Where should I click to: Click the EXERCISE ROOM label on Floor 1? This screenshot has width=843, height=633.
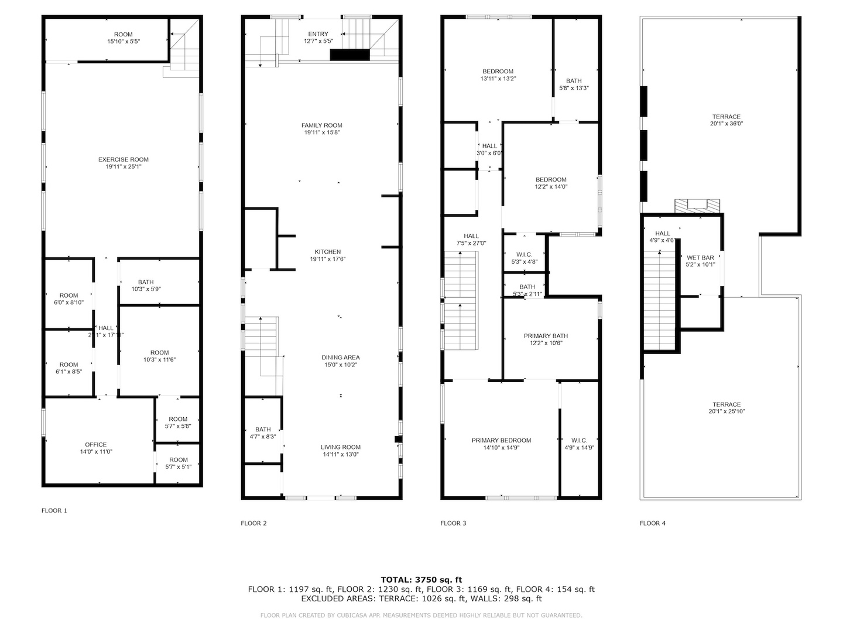coord(123,159)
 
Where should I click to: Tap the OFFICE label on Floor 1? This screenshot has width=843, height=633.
coord(95,445)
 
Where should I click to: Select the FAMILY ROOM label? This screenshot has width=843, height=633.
coord(321,125)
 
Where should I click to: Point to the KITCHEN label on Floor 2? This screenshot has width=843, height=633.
coord(327,252)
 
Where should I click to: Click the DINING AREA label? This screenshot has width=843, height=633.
coord(340,358)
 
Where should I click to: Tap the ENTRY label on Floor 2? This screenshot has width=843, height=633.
coord(318,34)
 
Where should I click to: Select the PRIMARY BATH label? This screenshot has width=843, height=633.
coord(546,336)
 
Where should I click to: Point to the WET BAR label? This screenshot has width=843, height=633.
coord(700,258)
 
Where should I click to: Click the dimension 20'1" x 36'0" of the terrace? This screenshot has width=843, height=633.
coord(727,124)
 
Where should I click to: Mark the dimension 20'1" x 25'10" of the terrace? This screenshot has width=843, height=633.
coord(727,411)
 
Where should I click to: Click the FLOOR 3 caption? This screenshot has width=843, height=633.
coord(453,523)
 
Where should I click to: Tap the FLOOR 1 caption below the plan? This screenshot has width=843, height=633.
coord(54,511)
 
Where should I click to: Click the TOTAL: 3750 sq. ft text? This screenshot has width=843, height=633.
coord(421,580)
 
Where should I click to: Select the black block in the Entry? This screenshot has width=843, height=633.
coord(350,55)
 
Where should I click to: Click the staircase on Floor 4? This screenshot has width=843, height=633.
coord(660,299)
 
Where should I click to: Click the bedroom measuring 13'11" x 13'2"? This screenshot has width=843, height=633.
coord(498,74)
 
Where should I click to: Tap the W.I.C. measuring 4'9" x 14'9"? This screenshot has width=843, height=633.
coord(579,444)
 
